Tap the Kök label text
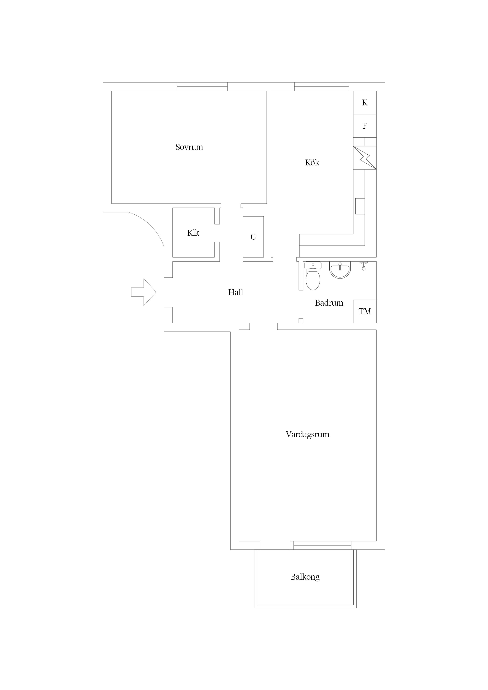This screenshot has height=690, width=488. click(312, 163)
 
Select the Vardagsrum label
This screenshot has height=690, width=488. click(307, 434)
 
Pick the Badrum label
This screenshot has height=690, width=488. click(329, 303)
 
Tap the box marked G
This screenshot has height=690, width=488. click(253, 237)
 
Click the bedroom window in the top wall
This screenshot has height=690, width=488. click(202, 87)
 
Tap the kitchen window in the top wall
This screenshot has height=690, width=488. click(321, 87)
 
